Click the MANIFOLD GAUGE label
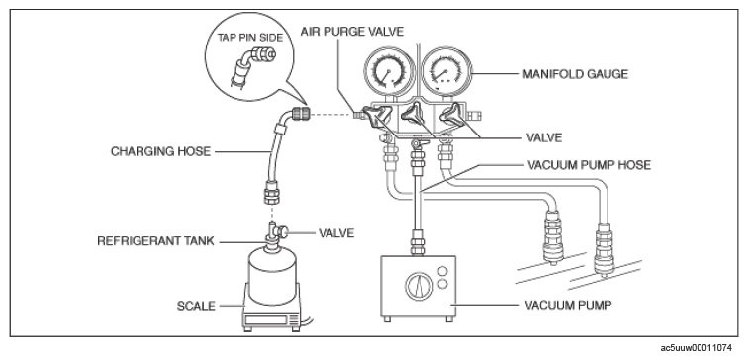tap(575, 74)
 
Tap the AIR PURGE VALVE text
tap(352, 32)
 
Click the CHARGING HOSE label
tap(160, 151)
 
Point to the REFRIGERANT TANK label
tap(155, 241)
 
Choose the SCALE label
tap(196, 306)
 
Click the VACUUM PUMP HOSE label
tap(589, 165)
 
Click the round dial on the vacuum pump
tap(420, 287)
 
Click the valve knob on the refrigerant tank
tap(284, 232)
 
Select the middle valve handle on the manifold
tap(414, 115)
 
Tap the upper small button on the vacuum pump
tap(442, 271)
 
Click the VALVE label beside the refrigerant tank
tap(336, 233)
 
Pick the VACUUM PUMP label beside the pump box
tap(568, 305)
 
